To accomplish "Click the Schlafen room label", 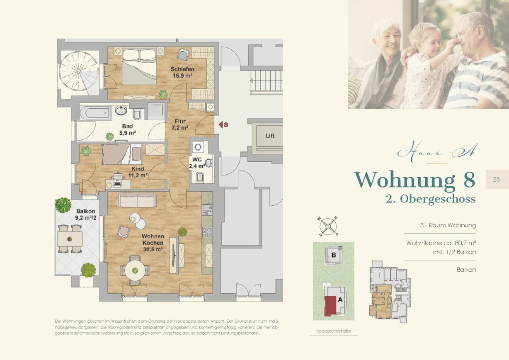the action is tap(182, 69).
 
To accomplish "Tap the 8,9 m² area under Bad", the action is tap(128, 133).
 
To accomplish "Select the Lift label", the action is tap(270, 136).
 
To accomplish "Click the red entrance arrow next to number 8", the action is tap(221, 124).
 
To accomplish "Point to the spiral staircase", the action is tap(79, 71).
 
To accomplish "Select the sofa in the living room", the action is tap(137, 200).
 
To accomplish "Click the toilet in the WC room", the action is tap(200, 177).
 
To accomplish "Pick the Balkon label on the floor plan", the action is tap(86, 211).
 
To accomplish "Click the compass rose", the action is tap(328, 226).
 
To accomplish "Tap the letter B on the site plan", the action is tap(334, 255).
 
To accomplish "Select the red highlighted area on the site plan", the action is tap(330, 306).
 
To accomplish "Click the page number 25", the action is tap(496, 180).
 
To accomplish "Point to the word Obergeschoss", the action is tap(438, 199).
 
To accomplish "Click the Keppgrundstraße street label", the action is tap(333, 331).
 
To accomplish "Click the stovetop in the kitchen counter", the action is tap(207, 232).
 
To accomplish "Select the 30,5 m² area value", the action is tap(153, 250).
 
